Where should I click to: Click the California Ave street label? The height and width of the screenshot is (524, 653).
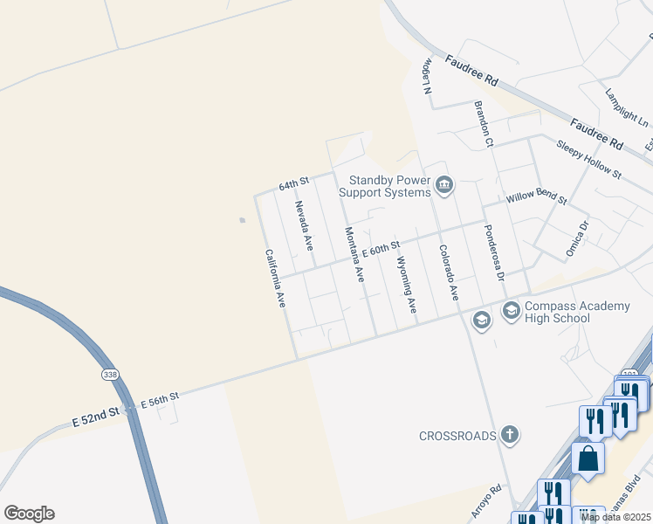tap(275, 278)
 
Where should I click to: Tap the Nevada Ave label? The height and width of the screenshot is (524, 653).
tap(303, 225)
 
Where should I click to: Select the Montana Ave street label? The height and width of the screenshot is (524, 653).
tap(354, 254)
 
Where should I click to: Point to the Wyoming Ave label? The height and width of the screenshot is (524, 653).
tap(406, 285)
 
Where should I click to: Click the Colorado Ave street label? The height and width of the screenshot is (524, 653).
tap(448, 272)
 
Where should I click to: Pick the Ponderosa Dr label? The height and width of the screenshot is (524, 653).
tap(494, 253)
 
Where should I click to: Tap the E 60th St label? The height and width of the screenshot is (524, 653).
tap(381, 250)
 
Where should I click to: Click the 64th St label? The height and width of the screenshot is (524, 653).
tap(294, 184)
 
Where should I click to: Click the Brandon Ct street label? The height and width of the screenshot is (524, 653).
tap(484, 123)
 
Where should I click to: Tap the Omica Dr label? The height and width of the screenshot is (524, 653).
tap(578, 237)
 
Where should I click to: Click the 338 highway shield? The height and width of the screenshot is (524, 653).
tap(109, 374)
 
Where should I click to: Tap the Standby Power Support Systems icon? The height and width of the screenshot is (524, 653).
tap(445, 185)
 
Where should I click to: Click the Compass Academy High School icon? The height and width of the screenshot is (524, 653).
tap(511, 309)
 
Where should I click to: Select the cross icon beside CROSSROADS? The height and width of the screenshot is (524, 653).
tap(510, 434)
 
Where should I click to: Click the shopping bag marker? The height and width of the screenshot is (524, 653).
tap(588, 457)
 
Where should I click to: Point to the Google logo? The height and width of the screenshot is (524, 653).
tap(29, 514)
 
